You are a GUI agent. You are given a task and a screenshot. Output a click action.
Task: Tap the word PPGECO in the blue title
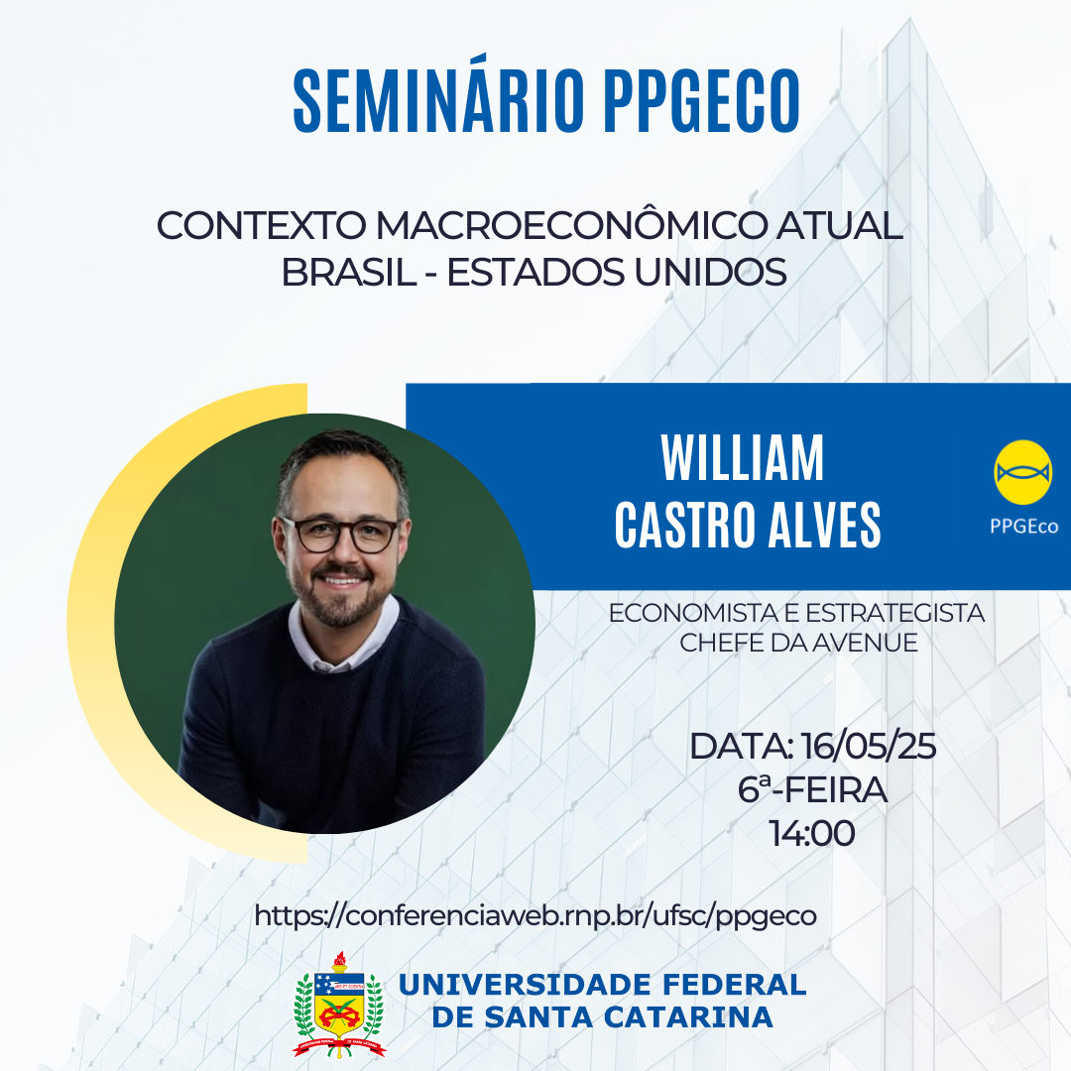point(701,100)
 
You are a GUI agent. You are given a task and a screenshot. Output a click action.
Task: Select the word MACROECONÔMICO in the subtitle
point(571,225)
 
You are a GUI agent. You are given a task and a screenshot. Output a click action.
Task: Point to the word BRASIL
point(348,272)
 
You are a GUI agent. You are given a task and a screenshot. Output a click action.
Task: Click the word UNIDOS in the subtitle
point(710,272)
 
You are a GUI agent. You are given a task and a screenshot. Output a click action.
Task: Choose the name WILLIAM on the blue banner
point(743,458)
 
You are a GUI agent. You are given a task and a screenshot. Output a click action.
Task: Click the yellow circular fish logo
point(1022,473)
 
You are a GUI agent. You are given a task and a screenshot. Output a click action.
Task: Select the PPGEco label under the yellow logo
point(1023,526)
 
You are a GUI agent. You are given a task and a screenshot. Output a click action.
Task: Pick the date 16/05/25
point(868,746)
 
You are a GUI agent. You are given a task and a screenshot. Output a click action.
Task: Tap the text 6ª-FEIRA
point(812,789)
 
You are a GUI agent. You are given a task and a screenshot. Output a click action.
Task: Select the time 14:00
point(812,833)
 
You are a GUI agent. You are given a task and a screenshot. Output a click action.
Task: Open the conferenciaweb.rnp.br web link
point(535,915)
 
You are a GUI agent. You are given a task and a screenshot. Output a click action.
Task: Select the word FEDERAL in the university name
point(734,985)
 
